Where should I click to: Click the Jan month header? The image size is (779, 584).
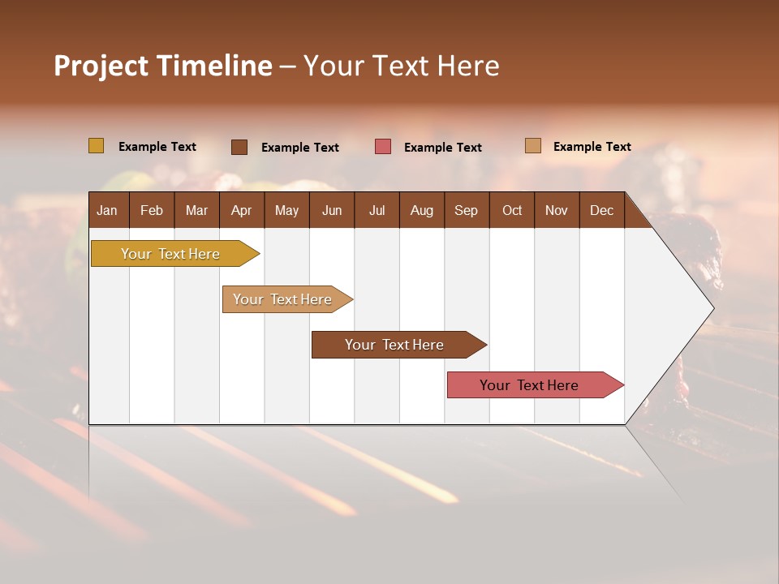[x=107, y=210]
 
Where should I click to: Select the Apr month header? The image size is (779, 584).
[x=241, y=210]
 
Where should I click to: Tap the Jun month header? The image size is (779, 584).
[x=332, y=210]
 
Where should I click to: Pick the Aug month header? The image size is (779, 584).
[x=421, y=210]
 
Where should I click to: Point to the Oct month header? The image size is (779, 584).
[x=512, y=210]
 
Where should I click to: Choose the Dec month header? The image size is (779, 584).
[x=601, y=210]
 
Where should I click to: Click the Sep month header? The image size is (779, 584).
[x=466, y=210]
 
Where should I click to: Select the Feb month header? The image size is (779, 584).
[x=152, y=210]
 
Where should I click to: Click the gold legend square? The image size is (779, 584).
[x=96, y=146]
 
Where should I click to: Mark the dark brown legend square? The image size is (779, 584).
[x=239, y=147]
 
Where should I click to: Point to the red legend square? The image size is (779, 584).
[x=383, y=147]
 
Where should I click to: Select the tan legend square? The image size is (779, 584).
[x=532, y=146]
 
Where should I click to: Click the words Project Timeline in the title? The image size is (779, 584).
[x=162, y=66]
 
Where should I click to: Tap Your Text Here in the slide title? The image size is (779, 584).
[x=402, y=66]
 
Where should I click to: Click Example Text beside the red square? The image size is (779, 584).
[x=442, y=147]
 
